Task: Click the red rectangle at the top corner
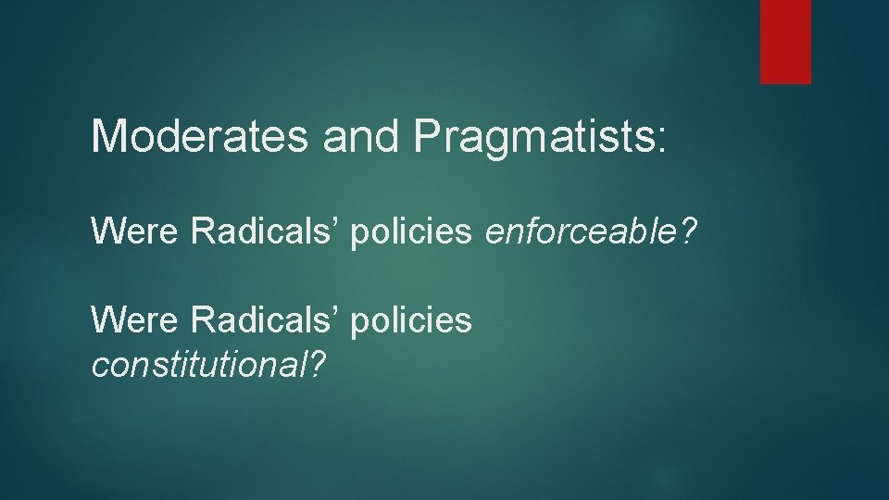point(785,42)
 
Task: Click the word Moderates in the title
point(201,136)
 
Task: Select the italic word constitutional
point(198,366)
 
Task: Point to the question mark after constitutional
point(318,366)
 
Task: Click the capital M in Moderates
point(108,136)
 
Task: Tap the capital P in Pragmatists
point(428,136)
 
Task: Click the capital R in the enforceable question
point(201,232)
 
